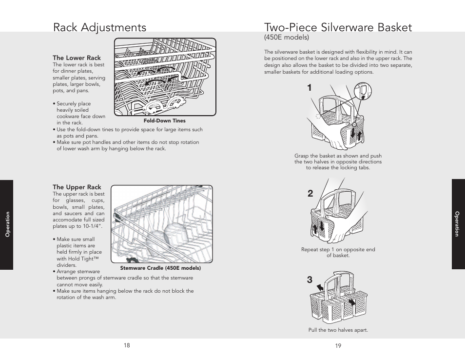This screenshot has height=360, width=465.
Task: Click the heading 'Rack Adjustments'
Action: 99,27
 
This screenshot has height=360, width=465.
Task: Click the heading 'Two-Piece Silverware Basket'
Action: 338,27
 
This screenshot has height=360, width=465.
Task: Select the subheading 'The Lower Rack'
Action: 77,58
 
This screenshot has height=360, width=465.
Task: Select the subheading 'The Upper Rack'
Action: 77,187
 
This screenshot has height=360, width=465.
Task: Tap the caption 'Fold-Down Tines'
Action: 164,120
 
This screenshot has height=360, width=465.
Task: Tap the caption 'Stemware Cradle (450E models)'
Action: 160,268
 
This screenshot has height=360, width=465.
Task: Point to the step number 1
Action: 310,88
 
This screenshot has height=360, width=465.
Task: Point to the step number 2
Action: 310,194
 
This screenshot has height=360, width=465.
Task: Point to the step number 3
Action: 310,280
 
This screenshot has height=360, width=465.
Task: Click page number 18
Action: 127,345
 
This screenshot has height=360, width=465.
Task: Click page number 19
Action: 338,346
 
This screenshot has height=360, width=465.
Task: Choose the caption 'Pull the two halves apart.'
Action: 338,330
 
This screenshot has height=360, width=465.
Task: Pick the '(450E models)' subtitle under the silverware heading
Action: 287,37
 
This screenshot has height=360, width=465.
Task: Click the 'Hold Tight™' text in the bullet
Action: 81,259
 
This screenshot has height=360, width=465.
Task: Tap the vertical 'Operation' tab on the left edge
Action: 7,224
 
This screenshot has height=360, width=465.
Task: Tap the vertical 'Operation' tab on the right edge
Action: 457,224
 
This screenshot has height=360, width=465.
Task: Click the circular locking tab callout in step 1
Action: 364,91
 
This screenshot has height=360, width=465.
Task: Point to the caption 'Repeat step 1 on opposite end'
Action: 338,249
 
